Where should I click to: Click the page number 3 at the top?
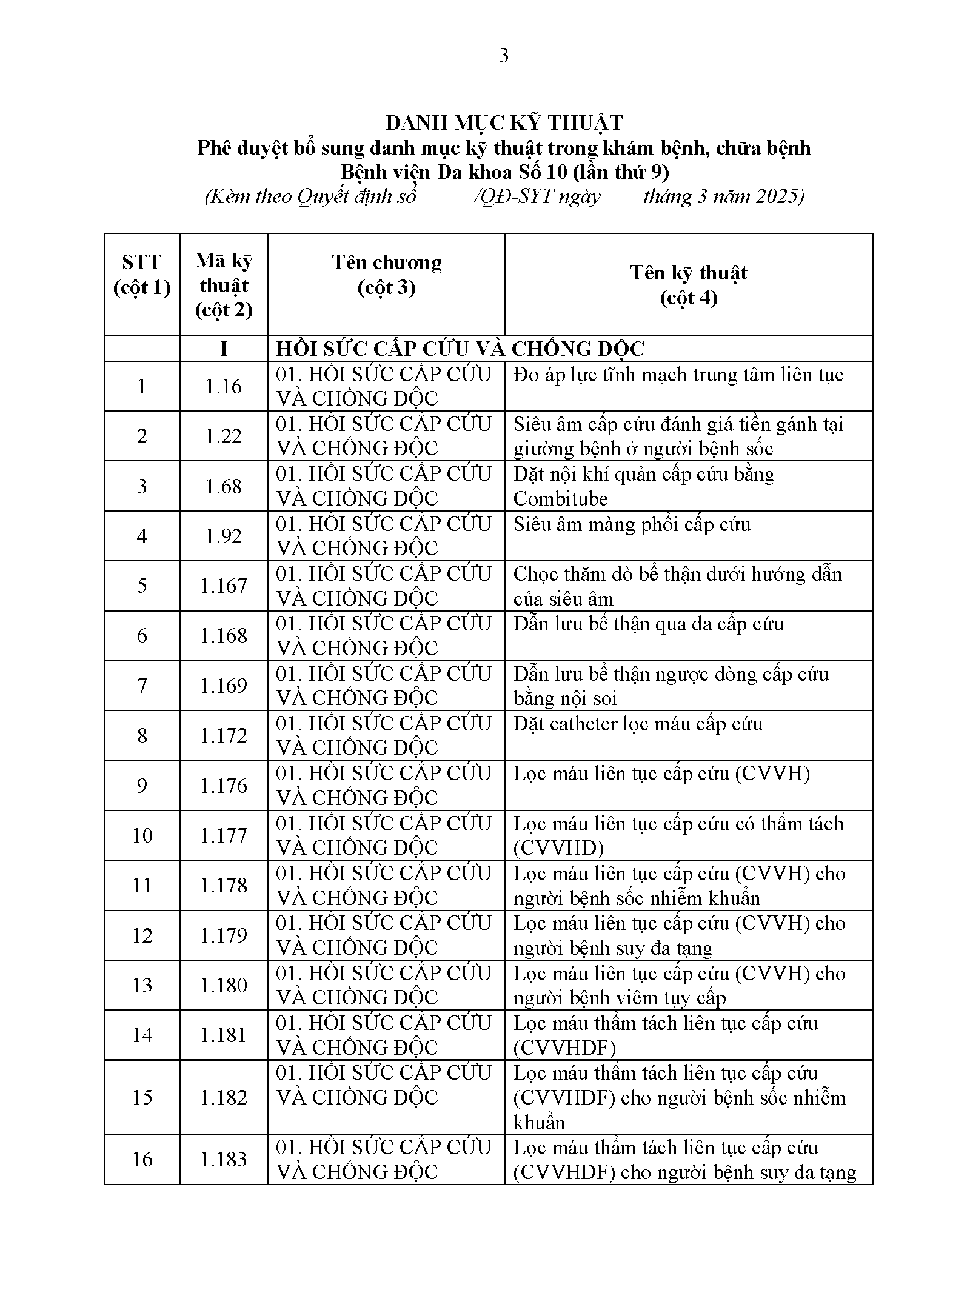[503, 56]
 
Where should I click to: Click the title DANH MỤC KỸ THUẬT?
[504, 123]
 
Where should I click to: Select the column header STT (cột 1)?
[142, 274]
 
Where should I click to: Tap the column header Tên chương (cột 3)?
[386, 274]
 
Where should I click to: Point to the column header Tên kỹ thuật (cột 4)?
[688, 284]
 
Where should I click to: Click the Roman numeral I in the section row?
[224, 349]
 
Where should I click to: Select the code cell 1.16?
[224, 386]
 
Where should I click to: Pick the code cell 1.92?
[224, 536]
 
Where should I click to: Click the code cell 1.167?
[224, 586]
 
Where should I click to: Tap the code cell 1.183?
[224, 1159]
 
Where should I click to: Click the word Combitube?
[560, 499]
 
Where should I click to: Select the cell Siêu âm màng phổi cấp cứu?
[632, 524]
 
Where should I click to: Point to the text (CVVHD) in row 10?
[558, 848]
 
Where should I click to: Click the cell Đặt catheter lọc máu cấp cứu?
[638, 724]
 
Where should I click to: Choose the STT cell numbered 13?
[142, 984]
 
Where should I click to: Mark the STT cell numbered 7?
[142, 686]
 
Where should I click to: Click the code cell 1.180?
[224, 984]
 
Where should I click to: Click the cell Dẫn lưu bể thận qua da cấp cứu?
[648, 624]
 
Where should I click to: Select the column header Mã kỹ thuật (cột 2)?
[224, 285]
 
